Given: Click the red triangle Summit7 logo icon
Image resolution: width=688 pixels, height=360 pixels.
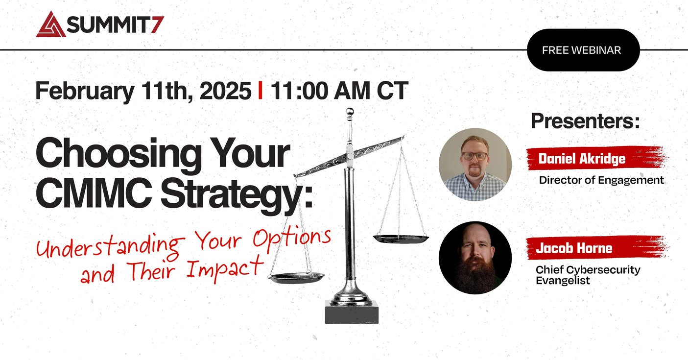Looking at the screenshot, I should tap(50, 25).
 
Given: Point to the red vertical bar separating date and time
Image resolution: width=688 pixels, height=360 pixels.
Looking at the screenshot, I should tap(260, 91).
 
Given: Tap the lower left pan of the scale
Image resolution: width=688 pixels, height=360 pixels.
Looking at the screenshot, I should tap(296, 278).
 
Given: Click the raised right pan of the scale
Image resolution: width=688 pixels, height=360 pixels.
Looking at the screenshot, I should tap(401, 239).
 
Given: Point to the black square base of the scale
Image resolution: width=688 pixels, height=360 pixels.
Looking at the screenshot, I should tap(352, 312).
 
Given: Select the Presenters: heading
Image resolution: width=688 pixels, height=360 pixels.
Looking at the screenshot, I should tap(585, 121).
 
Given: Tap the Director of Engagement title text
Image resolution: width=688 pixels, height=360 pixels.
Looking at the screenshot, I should tap(601, 180).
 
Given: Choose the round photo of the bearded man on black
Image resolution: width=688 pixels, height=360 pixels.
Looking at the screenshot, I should tap(474, 258).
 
